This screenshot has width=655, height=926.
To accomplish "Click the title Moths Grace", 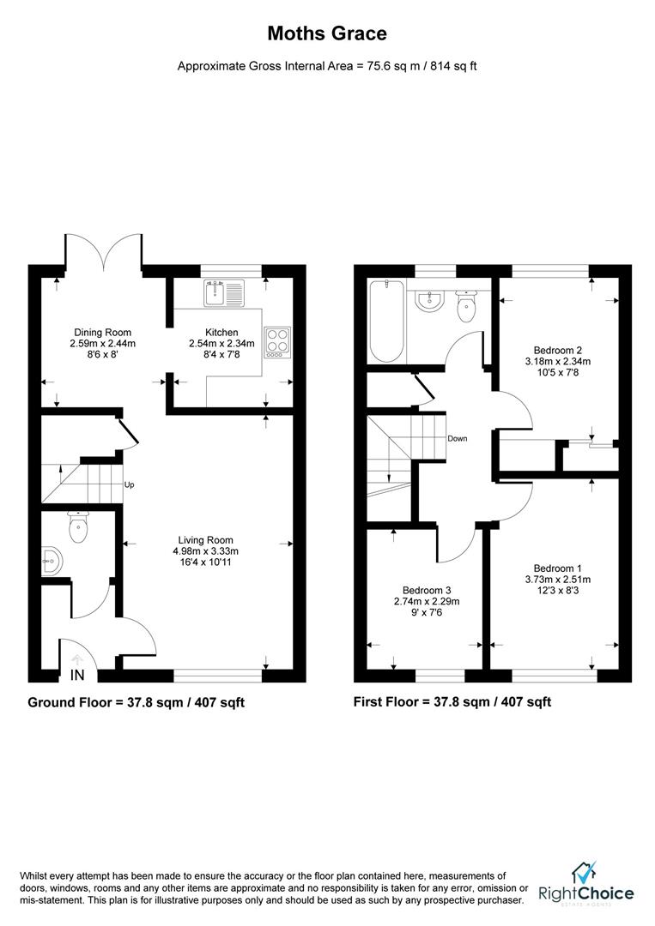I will [x=327, y=33].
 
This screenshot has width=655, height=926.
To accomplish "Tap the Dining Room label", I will [x=103, y=332].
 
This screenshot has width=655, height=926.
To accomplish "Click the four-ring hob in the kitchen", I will [x=277, y=341].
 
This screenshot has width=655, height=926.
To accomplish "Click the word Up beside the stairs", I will [x=129, y=484].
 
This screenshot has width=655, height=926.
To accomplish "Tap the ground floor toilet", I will [x=78, y=526].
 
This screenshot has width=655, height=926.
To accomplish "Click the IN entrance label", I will [x=77, y=675].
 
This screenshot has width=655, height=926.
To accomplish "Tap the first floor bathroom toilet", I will [x=466, y=306].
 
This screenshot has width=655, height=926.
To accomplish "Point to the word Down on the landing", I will [x=457, y=438].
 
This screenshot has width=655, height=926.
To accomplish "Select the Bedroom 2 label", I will [x=558, y=350].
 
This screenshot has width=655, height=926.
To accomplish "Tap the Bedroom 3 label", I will [x=427, y=590].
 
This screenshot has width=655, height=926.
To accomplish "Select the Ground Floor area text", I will [x=136, y=701].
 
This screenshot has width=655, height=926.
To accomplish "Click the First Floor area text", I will [x=452, y=701].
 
